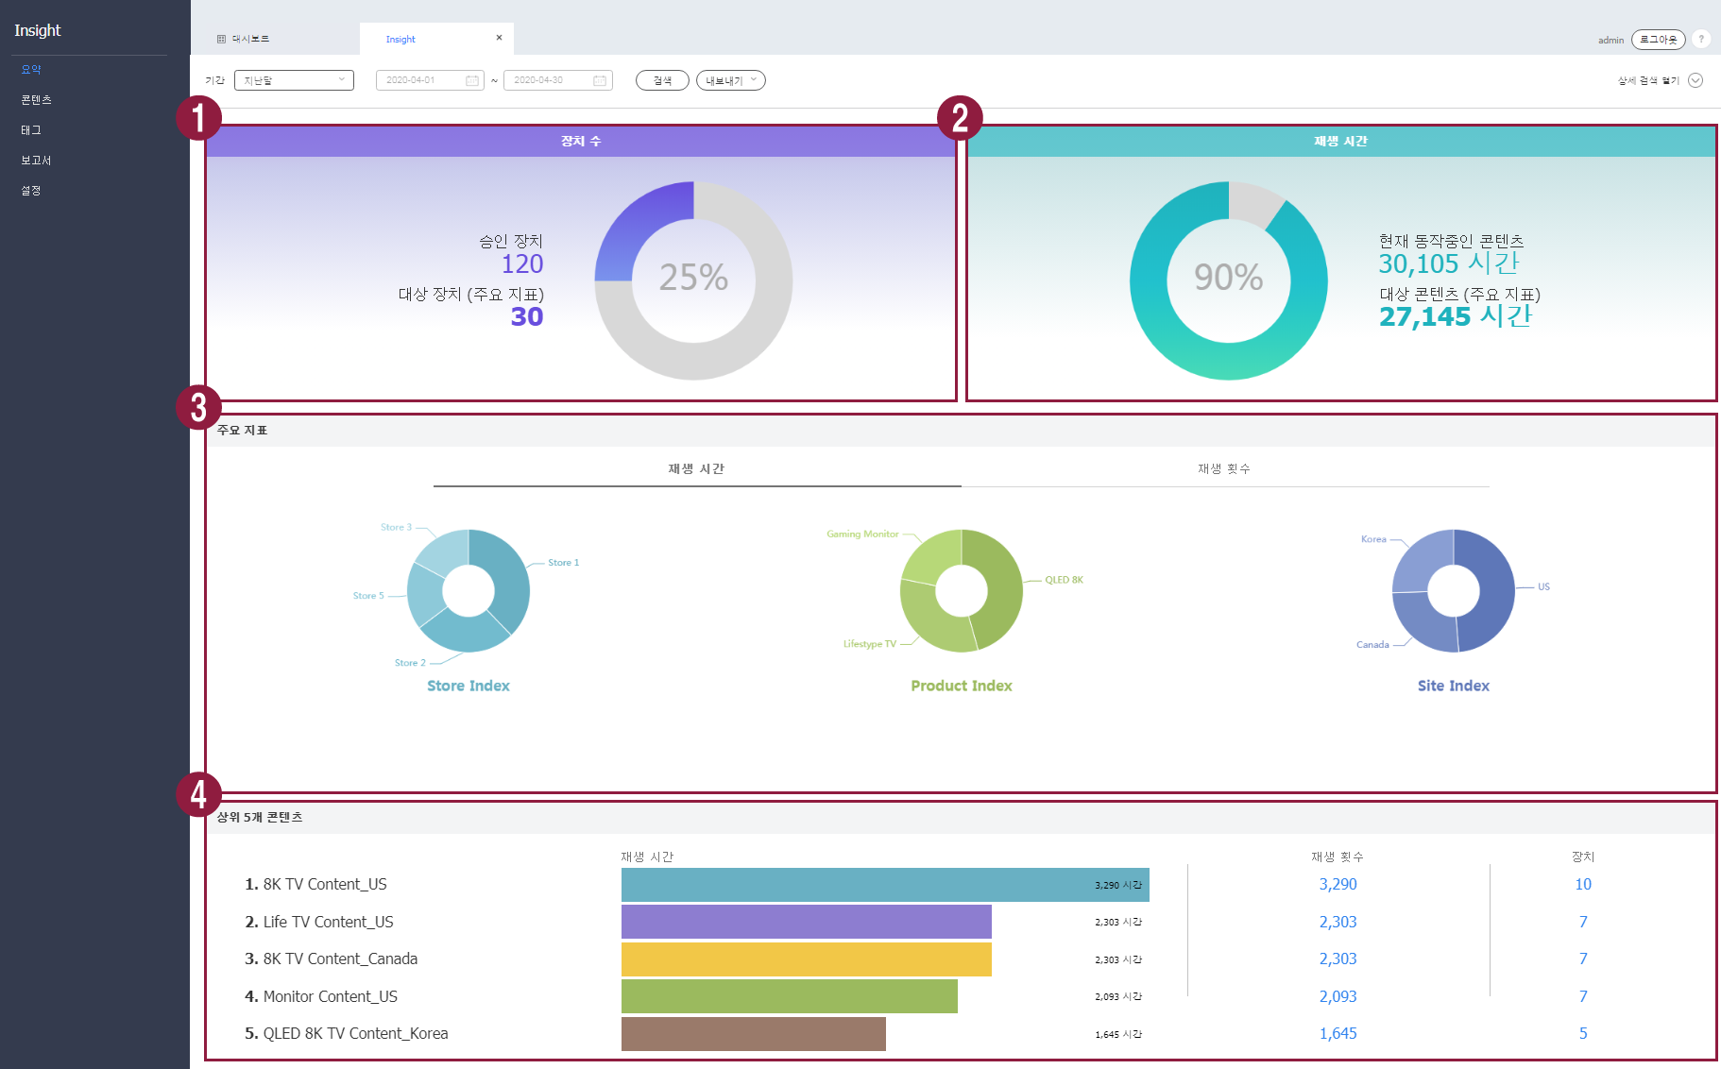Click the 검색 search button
(x=662, y=80)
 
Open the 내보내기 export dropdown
(x=730, y=80)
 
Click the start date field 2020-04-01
(x=429, y=80)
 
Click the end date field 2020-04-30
(x=557, y=80)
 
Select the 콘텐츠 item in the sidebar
(x=36, y=99)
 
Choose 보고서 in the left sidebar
(x=36, y=161)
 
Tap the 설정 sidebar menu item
(x=31, y=191)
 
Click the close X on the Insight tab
(x=499, y=38)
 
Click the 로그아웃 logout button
(x=1658, y=40)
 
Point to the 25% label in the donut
(x=693, y=278)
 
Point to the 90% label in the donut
(x=1228, y=278)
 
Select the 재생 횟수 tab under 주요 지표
(x=1224, y=468)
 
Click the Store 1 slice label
(x=563, y=563)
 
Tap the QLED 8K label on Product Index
(x=1064, y=580)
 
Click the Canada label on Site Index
(x=1372, y=645)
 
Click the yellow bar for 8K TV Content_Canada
(x=806, y=959)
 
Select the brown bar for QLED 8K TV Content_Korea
(x=753, y=1034)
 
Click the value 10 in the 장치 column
(x=1583, y=884)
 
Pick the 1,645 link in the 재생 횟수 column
(x=1338, y=1033)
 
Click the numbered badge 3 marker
(x=198, y=408)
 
